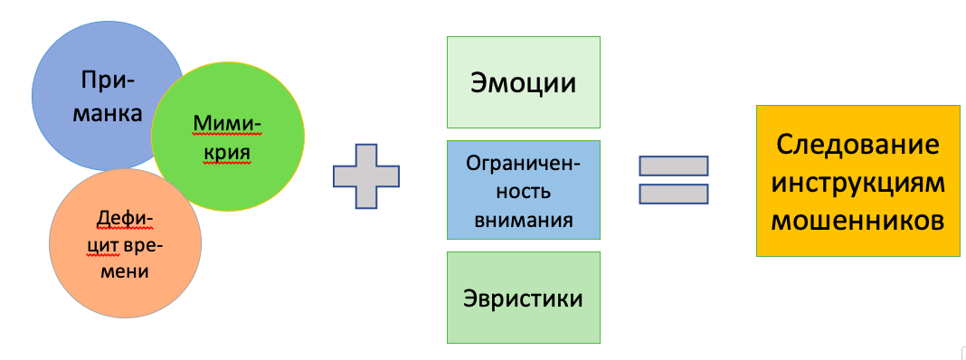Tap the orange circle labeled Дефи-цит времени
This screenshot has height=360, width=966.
point(125,244)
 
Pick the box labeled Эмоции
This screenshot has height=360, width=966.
point(523,82)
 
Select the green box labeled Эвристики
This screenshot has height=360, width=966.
point(523,298)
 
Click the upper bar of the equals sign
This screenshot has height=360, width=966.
point(673,166)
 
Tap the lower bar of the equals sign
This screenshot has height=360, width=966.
point(673,194)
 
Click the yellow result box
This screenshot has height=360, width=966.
point(857,180)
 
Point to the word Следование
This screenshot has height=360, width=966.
point(858,146)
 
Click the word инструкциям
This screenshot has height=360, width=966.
point(857,182)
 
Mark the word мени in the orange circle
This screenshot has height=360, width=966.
point(125,270)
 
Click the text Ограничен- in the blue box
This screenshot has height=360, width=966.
point(523,164)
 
